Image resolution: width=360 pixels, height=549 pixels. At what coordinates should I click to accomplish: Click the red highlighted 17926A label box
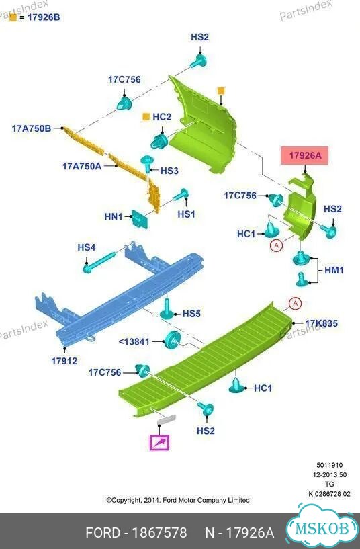coord(305,155)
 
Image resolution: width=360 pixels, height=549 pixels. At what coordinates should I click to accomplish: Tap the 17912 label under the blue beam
coord(64,361)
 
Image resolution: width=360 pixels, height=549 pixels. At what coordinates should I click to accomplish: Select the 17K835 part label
coord(322,323)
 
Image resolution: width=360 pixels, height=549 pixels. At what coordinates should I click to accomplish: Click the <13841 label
coord(134,341)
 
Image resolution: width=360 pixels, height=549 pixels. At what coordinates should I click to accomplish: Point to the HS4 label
coord(87,247)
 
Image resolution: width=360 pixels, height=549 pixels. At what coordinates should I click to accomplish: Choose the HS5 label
coord(191,314)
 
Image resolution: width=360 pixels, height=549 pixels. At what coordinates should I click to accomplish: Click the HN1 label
coord(114,217)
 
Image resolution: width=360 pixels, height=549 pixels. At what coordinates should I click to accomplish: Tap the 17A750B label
coord(32,128)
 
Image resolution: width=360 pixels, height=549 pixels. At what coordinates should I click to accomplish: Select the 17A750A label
coord(82,166)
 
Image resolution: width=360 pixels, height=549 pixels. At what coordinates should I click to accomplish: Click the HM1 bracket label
coord(334,270)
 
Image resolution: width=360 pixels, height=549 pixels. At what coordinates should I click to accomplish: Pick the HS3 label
coord(169,171)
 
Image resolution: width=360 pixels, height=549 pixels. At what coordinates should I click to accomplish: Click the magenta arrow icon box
coord(159,443)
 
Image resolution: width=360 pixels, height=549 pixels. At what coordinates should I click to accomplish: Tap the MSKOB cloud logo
coord(322,527)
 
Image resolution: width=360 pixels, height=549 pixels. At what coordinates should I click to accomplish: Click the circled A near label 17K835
coord(295,303)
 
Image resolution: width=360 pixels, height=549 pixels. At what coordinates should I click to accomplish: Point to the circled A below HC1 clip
coord(277,245)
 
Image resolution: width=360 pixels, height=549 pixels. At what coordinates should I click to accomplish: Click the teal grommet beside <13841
coord(173,339)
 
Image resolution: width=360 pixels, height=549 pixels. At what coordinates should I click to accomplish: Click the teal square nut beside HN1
coord(140,220)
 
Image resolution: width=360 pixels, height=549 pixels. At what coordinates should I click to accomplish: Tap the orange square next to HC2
coord(146,117)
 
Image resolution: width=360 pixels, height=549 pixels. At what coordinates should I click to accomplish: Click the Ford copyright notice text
coord(178,500)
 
